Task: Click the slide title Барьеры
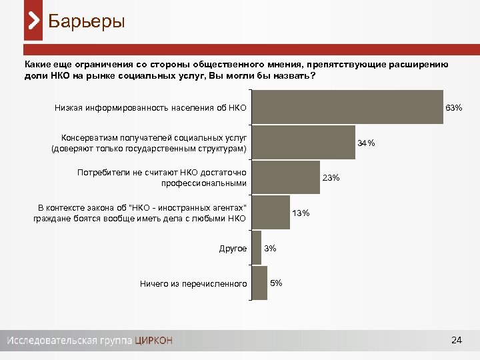(87, 21)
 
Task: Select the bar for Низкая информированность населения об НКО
(347, 107)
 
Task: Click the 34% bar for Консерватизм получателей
(303, 142)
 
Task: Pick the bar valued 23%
(286, 178)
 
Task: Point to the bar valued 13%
(271, 213)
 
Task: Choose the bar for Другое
(257, 248)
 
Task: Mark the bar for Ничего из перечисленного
(259, 283)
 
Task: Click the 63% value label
(454, 107)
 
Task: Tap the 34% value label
(366, 143)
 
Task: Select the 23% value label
(331, 177)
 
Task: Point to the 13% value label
(301, 213)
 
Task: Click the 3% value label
(270, 248)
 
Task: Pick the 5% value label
(276, 283)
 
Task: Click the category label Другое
(233, 249)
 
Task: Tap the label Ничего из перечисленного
(193, 284)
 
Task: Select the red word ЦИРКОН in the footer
(153, 341)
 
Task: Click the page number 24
(457, 341)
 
